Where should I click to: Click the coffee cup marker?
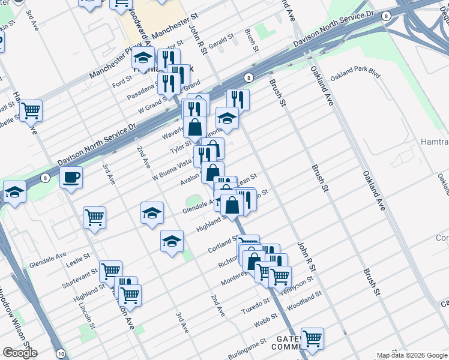tap(71, 178)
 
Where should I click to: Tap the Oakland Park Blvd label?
tap(355, 74)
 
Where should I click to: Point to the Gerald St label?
tap(220, 40)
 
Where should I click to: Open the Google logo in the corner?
tap(20, 352)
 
